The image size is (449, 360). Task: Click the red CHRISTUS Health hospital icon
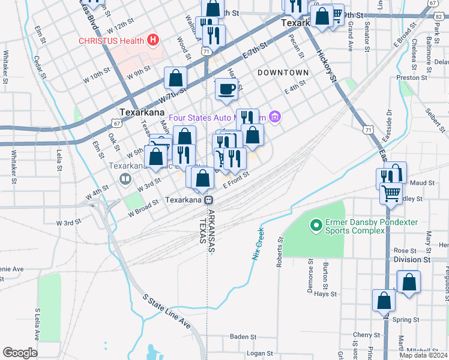[x=153, y=41]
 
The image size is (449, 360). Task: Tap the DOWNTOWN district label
[x=283, y=73]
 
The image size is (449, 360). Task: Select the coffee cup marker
[x=226, y=90]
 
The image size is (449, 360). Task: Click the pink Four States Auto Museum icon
[x=275, y=116]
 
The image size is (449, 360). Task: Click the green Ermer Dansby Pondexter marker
[x=315, y=226]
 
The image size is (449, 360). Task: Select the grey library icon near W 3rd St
[x=125, y=178]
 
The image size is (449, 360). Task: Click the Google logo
[x=20, y=352]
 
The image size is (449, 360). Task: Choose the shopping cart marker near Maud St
[x=391, y=193]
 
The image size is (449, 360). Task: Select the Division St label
[x=412, y=259]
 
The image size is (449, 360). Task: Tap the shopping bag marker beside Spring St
[x=384, y=300]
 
